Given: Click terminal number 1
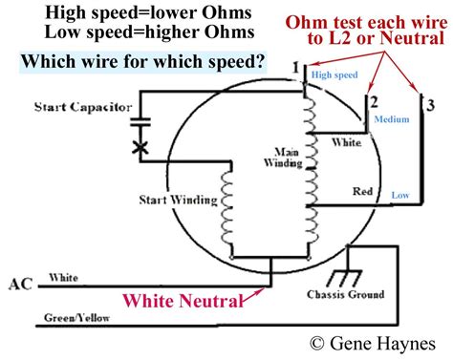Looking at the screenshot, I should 297,68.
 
